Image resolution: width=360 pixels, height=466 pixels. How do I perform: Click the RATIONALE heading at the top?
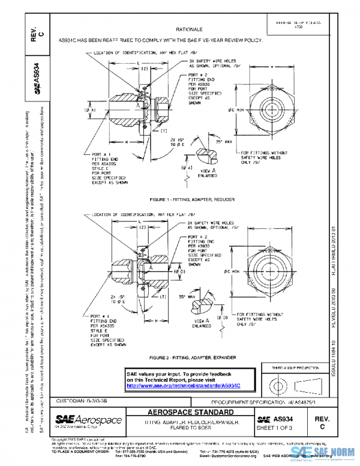point(189,29)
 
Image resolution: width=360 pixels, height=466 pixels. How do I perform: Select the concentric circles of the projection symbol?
point(277,384)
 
